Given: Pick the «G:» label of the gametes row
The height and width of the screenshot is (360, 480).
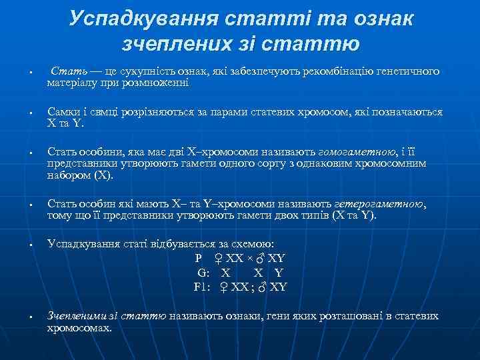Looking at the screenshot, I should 203,273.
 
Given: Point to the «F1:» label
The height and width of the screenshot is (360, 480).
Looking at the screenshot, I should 203,287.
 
